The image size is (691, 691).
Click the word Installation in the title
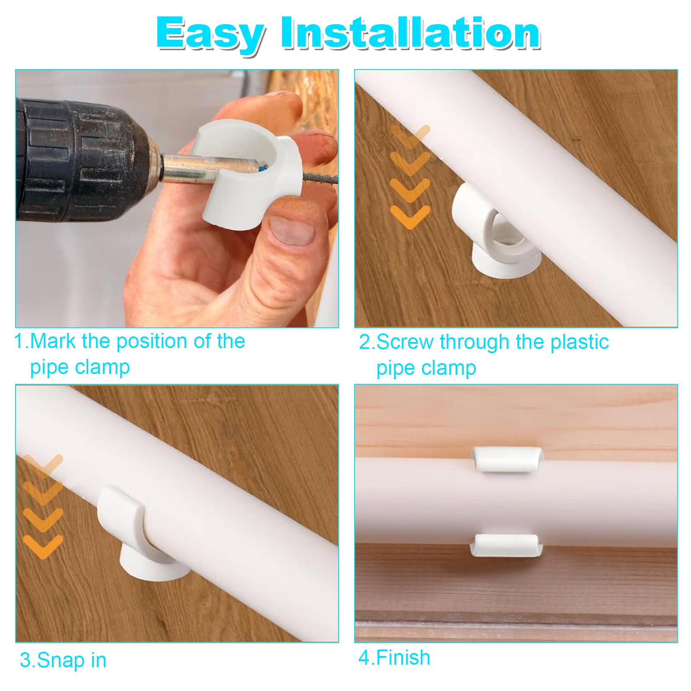click(410, 34)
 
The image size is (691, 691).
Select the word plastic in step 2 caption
click(579, 342)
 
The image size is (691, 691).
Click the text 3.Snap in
click(63, 660)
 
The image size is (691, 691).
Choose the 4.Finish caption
click(394, 658)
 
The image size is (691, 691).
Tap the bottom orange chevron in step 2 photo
click(410, 216)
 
